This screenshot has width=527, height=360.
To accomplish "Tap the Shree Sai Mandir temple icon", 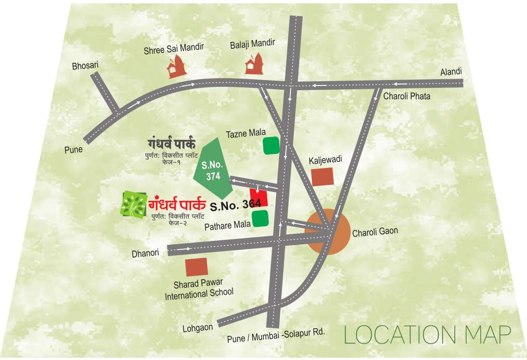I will (177, 67).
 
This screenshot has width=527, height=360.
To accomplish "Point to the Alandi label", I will (451, 72).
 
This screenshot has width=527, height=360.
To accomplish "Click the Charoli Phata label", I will (407, 96).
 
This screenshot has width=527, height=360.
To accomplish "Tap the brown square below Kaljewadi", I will (322, 177).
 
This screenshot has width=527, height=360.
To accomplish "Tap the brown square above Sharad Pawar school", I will (197, 267).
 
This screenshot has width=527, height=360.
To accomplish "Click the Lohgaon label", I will (197, 328).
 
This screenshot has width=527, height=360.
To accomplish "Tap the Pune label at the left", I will (73, 150).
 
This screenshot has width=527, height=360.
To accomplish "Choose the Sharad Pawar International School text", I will (199, 288).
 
